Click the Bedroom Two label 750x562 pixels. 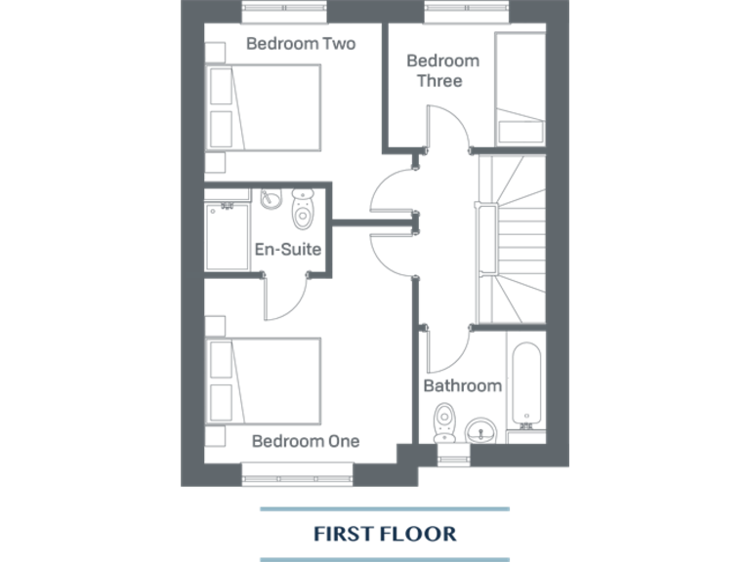tap(301, 44)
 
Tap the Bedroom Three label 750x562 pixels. tap(441, 70)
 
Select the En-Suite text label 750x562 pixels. tap(288, 250)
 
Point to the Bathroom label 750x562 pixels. tap(462, 385)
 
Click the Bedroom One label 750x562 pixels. tap(306, 441)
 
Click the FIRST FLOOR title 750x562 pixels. tap(385, 534)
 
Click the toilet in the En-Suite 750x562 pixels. tap(305, 209)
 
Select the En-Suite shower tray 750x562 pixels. tap(228, 235)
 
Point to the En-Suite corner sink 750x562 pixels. tap(271, 198)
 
